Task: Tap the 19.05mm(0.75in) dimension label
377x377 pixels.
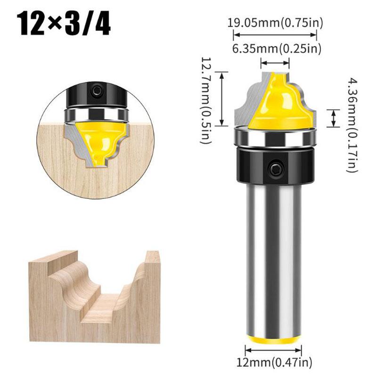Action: click(x=276, y=23)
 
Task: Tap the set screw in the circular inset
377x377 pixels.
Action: click(x=97, y=89)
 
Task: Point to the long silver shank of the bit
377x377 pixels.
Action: click(x=273, y=254)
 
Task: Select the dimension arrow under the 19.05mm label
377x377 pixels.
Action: click(x=275, y=34)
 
